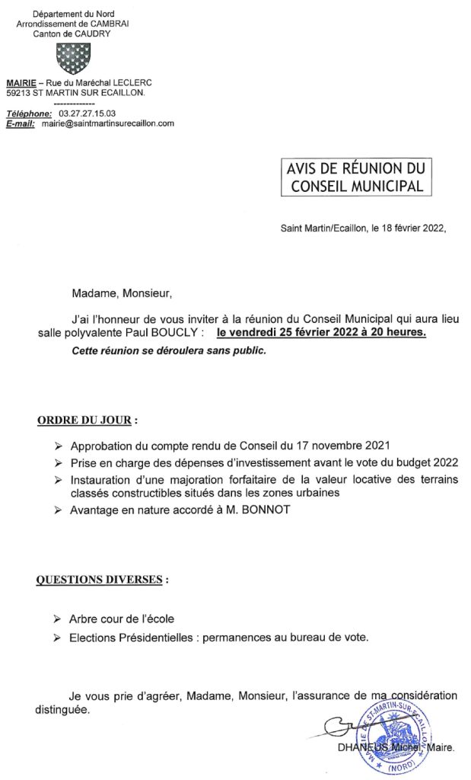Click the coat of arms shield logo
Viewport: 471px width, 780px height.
pos(73,58)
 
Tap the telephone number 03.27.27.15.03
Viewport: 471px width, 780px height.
pos(87,113)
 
